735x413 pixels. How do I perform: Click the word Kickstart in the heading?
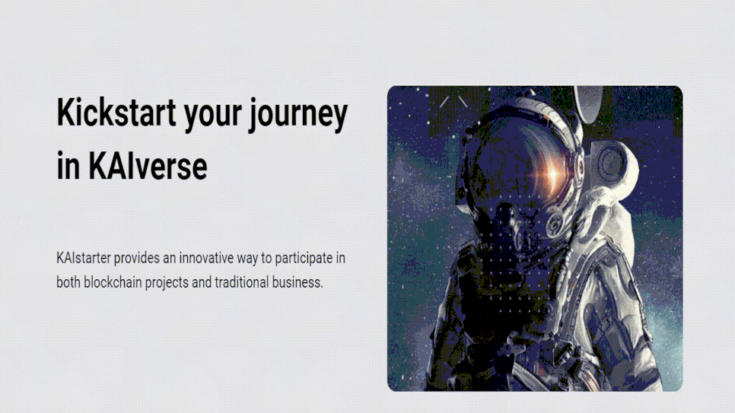[116, 113]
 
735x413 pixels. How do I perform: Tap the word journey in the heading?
[298, 116]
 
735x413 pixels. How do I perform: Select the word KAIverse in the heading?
[148, 166]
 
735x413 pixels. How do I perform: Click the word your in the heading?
[212, 117]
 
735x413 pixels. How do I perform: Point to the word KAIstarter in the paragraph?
[84, 258]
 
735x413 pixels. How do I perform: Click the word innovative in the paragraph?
[206, 258]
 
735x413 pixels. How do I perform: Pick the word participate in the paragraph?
[304, 259]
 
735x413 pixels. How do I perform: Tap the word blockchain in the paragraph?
[113, 282]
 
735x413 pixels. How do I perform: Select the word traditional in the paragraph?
[241, 282]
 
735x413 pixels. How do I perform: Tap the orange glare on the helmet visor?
[552, 174]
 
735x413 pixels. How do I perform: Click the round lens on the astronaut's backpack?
[611, 163]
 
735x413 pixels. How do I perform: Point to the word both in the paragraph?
[68, 282]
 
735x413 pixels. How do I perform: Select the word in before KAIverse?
[68, 167]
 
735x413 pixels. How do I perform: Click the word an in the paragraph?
[169, 259]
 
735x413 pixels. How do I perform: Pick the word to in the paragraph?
[266, 259]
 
